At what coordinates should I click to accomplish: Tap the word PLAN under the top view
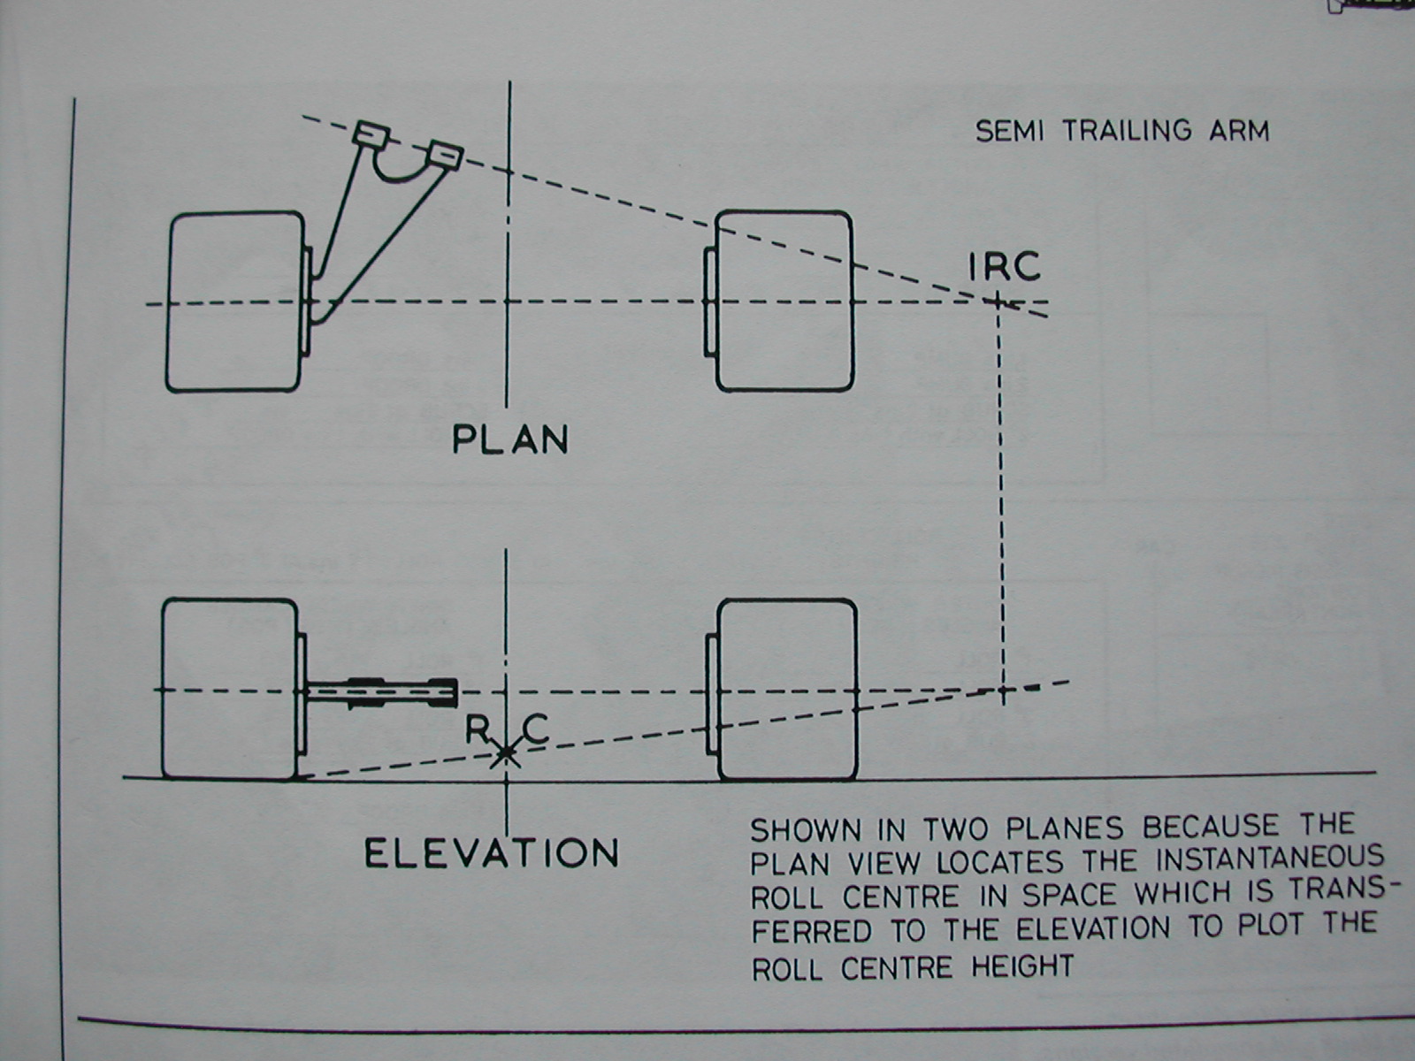click(509, 439)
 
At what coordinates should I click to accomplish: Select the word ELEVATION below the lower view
click(492, 853)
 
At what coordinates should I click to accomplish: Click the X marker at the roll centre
click(506, 753)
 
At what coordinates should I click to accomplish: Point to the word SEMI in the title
click(1009, 132)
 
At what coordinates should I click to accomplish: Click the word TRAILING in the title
click(1127, 131)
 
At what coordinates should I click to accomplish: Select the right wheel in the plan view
click(784, 301)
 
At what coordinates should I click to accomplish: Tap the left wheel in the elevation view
click(230, 690)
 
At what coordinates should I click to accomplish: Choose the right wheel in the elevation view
click(785, 690)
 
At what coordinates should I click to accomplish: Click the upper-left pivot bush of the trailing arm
click(371, 134)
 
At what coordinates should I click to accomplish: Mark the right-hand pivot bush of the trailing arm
click(444, 155)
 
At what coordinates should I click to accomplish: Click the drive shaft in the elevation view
click(381, 691)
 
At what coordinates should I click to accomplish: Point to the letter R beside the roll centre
click(478, 730)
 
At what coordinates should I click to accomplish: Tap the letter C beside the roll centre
click(536, 729)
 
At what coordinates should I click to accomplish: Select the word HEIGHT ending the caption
click(1022, 966)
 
